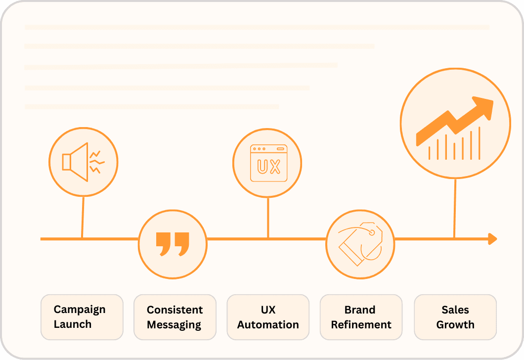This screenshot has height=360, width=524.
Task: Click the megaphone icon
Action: (x=83, y=162)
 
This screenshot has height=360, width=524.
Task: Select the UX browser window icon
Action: (x=269, y=163)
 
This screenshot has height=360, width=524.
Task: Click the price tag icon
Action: (x=360, y=244)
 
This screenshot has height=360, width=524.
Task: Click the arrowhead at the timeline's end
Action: (x=492, y=239)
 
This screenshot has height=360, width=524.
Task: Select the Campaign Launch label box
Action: (x=82, y=317)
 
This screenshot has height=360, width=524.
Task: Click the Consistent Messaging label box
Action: (x=175, y=317)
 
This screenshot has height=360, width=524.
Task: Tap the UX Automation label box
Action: (x=268, y=317)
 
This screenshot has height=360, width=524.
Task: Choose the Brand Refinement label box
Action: (x=361, y=317)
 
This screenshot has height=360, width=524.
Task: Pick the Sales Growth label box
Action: (x=455, y=317)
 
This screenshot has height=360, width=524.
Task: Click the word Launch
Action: (x=73, y=324)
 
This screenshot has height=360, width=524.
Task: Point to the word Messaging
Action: (x=174, y=325)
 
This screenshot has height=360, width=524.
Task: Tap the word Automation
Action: (x=268, y=324)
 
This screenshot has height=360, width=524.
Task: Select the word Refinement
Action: (x=361, y=324)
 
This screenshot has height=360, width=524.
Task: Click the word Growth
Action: (x=455, y=324)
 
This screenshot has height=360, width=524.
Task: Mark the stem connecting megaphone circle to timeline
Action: (x=83, y=217)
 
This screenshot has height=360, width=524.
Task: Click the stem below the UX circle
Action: (x=268, y=218)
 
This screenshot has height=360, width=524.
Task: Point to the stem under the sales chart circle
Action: (x=455, y=208)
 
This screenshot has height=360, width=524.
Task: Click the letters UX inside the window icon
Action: (x=269, y=167)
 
